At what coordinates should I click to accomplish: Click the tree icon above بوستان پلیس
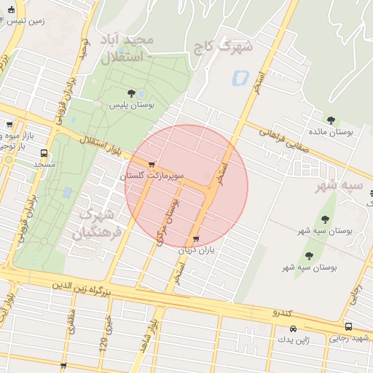tap(130, 93)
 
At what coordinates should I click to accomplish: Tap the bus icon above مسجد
tap(44, 154)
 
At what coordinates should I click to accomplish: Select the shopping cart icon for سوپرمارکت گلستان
tap(151, 165)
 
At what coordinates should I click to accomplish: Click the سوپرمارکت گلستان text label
tap(156, 176)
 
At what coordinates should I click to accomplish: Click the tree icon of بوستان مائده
tap(331, 120)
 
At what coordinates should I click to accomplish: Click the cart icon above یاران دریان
tap(195, 239)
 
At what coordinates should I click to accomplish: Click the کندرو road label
tap(281, 313)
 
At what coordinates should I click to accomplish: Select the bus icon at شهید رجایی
tap(348, 327)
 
